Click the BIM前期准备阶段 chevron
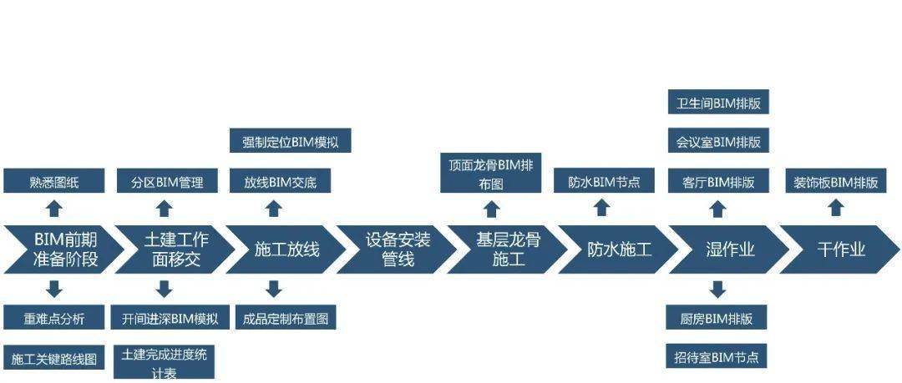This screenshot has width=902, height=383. pos(64,249)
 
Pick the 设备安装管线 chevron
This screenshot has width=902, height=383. pos(397,249)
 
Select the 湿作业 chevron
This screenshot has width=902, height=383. pos(729,249)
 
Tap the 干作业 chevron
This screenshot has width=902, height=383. pos(840,249)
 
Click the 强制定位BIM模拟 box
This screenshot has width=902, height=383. pos(291,140)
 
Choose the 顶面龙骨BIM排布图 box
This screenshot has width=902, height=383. pos(491,173)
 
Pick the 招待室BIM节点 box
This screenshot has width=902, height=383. pos(717,356)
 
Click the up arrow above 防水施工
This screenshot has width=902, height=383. pos(601,208)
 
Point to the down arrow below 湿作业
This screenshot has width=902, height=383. pos(717,290)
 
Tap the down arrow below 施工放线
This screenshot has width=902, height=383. pos(274,290)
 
